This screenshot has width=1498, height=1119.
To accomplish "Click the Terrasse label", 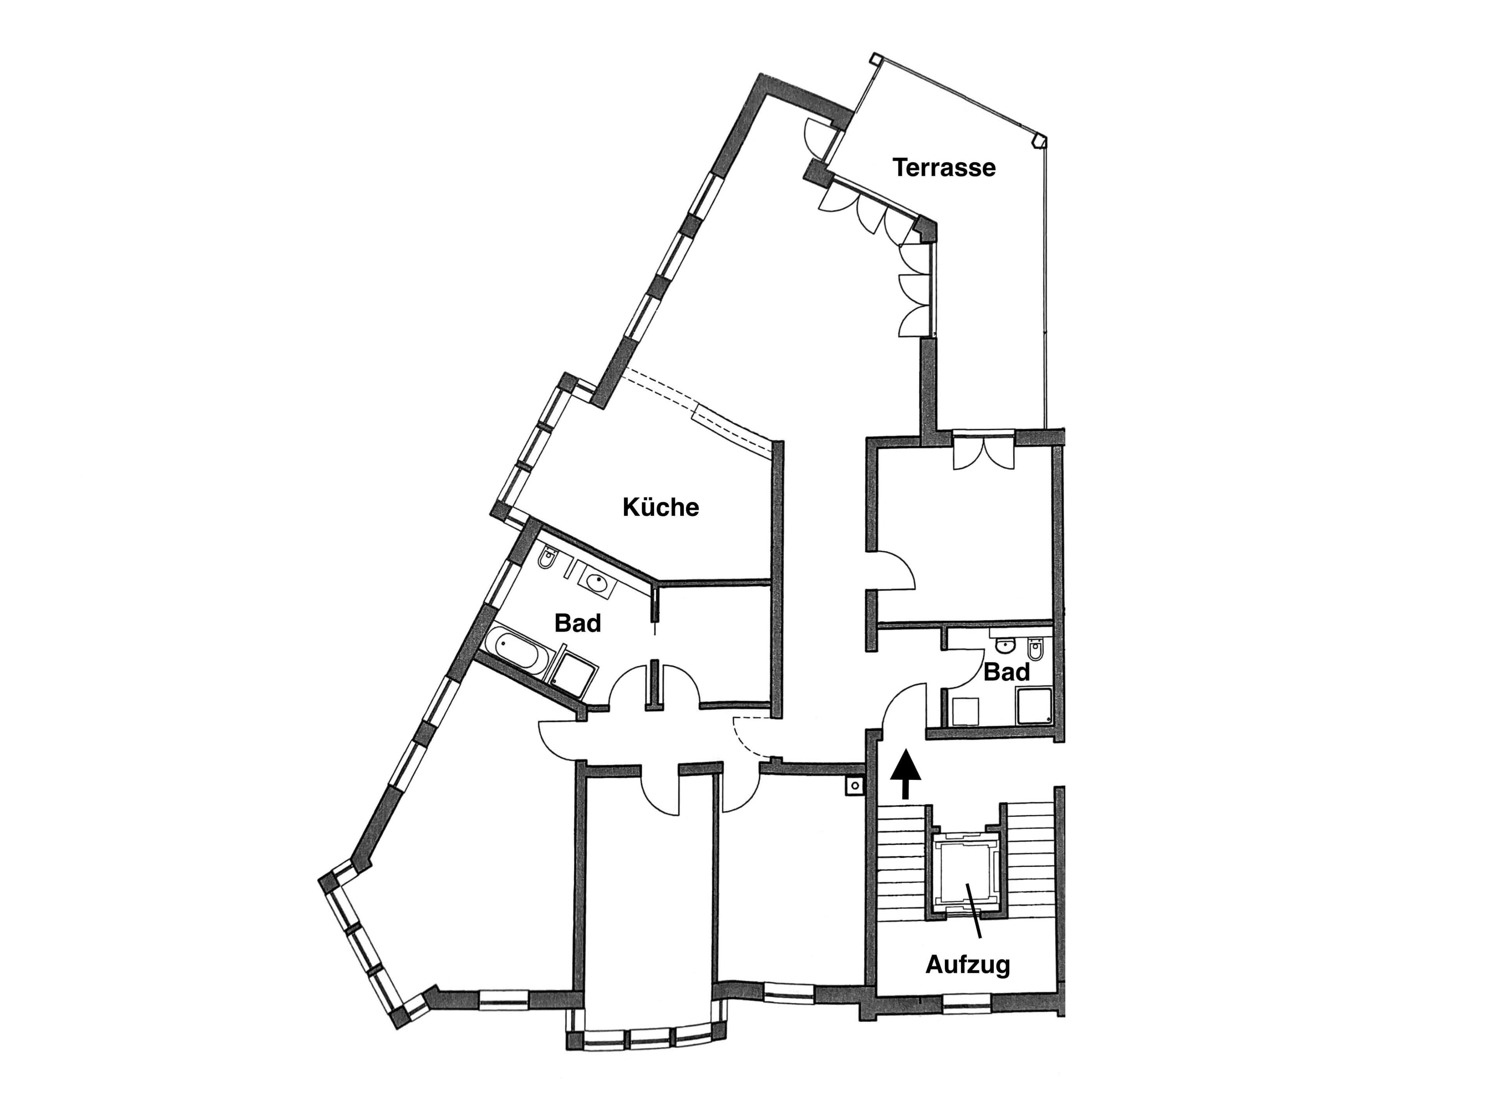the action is tap(944, 167).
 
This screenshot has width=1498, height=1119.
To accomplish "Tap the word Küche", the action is tap(660, 507).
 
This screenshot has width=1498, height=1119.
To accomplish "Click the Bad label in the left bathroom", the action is tap(578, 623).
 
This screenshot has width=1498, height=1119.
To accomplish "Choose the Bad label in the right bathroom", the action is tap(1007, 673).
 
